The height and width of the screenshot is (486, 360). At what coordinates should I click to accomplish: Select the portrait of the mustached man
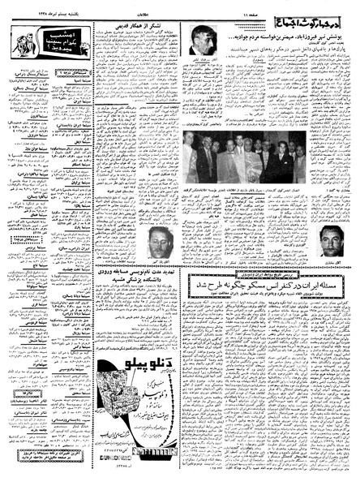coord(332,240)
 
